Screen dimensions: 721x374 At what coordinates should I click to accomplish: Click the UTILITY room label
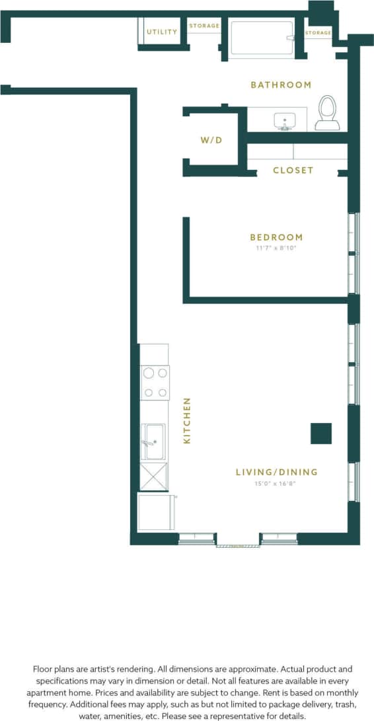coord(162,32)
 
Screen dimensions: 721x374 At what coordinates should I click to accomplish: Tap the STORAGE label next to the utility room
coord(204,26)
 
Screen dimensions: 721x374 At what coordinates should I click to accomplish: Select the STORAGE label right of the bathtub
coord(318,32)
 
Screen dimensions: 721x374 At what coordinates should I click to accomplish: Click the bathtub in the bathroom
coord(262,39)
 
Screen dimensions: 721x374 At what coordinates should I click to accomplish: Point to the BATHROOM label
coord(281,85)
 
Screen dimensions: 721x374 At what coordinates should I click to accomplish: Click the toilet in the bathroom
coord(327,113)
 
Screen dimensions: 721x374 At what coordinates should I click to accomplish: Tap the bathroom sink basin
coord(285,121)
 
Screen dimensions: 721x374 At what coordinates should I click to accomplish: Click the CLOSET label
coord(293,170)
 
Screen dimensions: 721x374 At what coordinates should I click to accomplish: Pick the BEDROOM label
coord(276,237)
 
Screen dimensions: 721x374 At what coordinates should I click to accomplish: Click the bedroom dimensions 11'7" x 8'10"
coord(276,248)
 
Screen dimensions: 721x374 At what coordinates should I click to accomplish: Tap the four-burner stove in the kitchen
coord(155,383)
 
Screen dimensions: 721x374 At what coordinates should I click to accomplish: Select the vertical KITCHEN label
coord(187,420)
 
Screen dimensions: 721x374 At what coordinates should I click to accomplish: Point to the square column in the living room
coord(321,434)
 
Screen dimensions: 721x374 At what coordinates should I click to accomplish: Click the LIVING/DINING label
coord(276,472)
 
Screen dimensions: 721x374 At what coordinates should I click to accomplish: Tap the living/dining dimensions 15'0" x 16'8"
coord(276,483)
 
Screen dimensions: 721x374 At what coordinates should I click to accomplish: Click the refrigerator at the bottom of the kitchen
coord(155,512)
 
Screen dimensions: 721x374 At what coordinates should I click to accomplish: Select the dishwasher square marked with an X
coord(154,476)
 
